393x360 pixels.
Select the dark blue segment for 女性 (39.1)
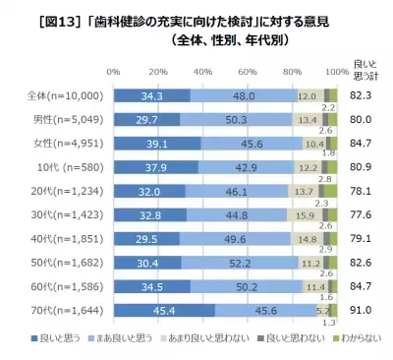coord(157,142)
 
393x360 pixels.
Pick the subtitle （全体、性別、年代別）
coord(231,40)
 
